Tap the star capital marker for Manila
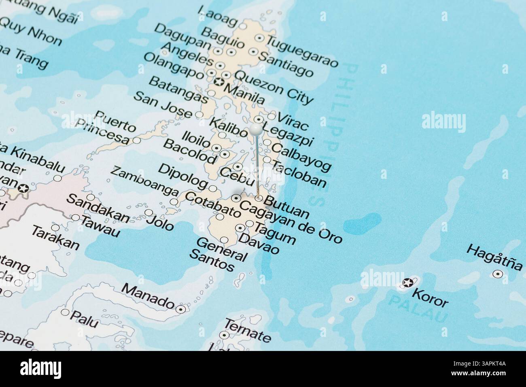219,83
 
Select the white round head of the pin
256,130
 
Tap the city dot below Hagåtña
498,274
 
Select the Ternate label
247,330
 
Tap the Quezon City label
274,87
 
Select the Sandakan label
98,209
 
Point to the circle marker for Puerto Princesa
137,140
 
